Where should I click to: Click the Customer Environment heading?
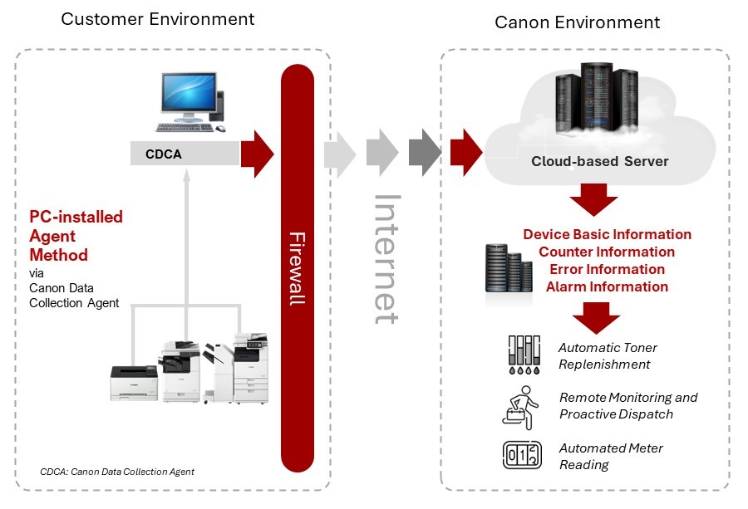[x=158, y=18]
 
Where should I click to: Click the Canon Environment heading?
[x=578, y=22]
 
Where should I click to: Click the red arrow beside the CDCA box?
[x=258, y=152]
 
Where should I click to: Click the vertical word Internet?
[x=387, y=258]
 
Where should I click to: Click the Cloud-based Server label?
[x=599, y=161]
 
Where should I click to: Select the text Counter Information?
[x=607, y=252]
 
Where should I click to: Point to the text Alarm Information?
[x=607, y=286]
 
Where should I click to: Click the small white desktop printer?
[x=134, y=381]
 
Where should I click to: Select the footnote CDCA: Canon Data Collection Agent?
[x=117, y=472]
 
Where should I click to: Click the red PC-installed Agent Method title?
[x=74, y=236]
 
